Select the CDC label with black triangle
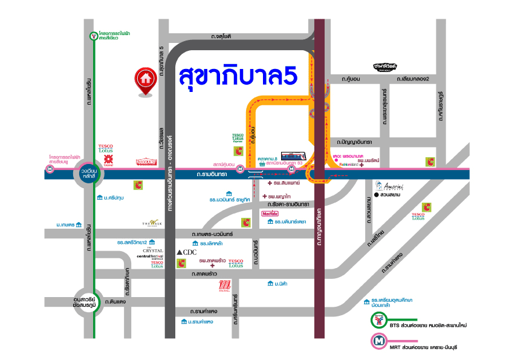click(187, 252)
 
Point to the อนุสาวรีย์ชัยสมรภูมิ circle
click(85, 302)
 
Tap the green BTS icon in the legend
click(380, 321)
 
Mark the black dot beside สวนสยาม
click(375, 195)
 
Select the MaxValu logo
click(270, 214)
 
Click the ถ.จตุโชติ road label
click(221, 36)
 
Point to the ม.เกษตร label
click(65, 224)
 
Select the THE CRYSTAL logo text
click(153, 250)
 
